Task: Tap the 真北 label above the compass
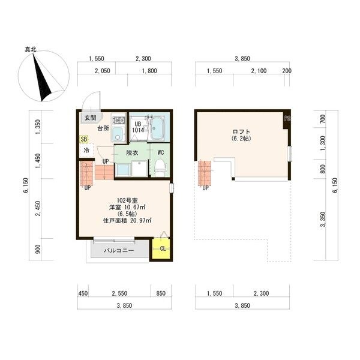tap(31, 50)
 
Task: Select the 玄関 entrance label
tap(90, 117)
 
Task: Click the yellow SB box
tap(83, 139)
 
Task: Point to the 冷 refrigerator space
tap(86, 150)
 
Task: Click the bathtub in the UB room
tap(158, 127)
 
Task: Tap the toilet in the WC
tap(160, 168)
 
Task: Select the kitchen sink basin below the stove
tap(118, 133)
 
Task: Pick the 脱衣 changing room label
tap(133, 152)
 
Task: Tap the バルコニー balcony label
tap(118, 250)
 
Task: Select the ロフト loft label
tap(241, 131)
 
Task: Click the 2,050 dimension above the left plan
tap(102, 71)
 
